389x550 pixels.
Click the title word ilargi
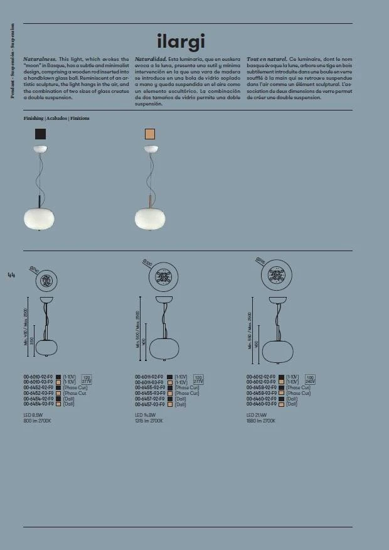tap(181, 41)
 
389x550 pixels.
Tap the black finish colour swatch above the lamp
tap(41, 133)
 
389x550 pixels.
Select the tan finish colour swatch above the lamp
tap(150, 133)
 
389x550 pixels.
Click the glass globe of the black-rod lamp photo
tap(39, 217)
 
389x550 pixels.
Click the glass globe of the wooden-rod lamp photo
tap(150, 217)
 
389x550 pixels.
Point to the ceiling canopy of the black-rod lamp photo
tap(41, 148)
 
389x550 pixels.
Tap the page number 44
tap(11, 274)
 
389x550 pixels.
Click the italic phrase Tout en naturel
tap(267, 58)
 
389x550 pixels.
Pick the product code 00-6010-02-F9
tap(38, 377)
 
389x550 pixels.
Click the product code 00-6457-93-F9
tap(150, 404)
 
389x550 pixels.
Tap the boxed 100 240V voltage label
tap(310, 379)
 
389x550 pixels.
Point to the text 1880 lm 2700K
tap(261, 421)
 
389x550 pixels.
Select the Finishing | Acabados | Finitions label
tap(56, 118)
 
